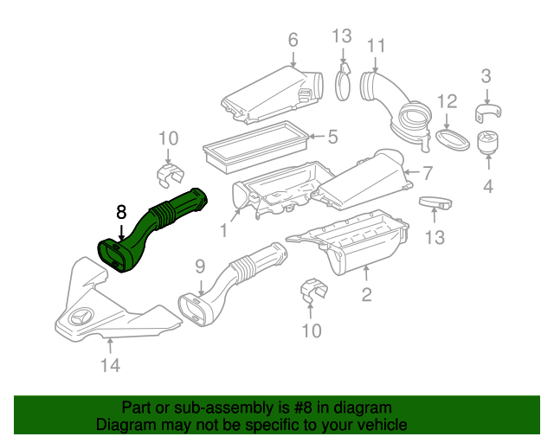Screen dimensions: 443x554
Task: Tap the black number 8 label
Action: pyautogui.click(x=121, y=213)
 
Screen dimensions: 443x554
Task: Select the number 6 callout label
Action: pyautogui.click(x=293, y=40)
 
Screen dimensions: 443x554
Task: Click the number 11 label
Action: pyautogui.click(x=376, y=45)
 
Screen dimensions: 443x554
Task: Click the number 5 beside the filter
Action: pyautogui.click(x=332, y=136)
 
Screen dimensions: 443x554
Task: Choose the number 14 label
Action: pyautogui.click(x=109, y=366)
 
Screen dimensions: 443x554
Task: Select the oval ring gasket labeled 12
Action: pyautogui.click(x=448, y=140)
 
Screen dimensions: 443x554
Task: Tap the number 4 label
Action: pyautogui.click(x=487, y=185)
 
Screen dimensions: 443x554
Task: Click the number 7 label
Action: pyautogui.click(x=427, y=172)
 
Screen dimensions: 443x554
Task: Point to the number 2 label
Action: pyautogui.click(x=366, y=295)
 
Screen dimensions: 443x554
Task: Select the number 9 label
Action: pyautogui.click(x=198, y=266)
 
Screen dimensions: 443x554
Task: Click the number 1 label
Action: pyautogui.click(x=224, y=231)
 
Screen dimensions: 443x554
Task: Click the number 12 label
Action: pyautogui.click(x=445, y=102)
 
